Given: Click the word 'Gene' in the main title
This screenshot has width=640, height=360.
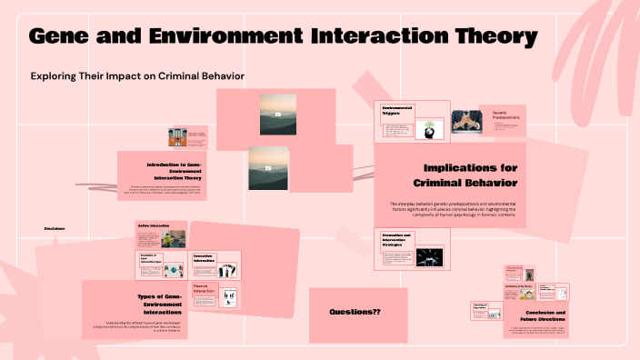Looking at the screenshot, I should click(x=65, y=37).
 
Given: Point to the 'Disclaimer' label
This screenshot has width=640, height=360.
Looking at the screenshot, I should click(x=55, y=228).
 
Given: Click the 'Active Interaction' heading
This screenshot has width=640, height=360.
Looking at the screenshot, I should click(x=154, y=225).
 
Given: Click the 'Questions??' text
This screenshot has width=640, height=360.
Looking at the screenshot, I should click(x=355, y=313).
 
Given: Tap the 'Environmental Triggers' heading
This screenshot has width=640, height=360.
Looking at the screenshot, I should click(x=396, y=110).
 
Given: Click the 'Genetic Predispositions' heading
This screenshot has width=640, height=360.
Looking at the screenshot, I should click(x=506, y=115).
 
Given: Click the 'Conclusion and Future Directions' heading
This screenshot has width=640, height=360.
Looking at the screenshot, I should click(x=546, y=318).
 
